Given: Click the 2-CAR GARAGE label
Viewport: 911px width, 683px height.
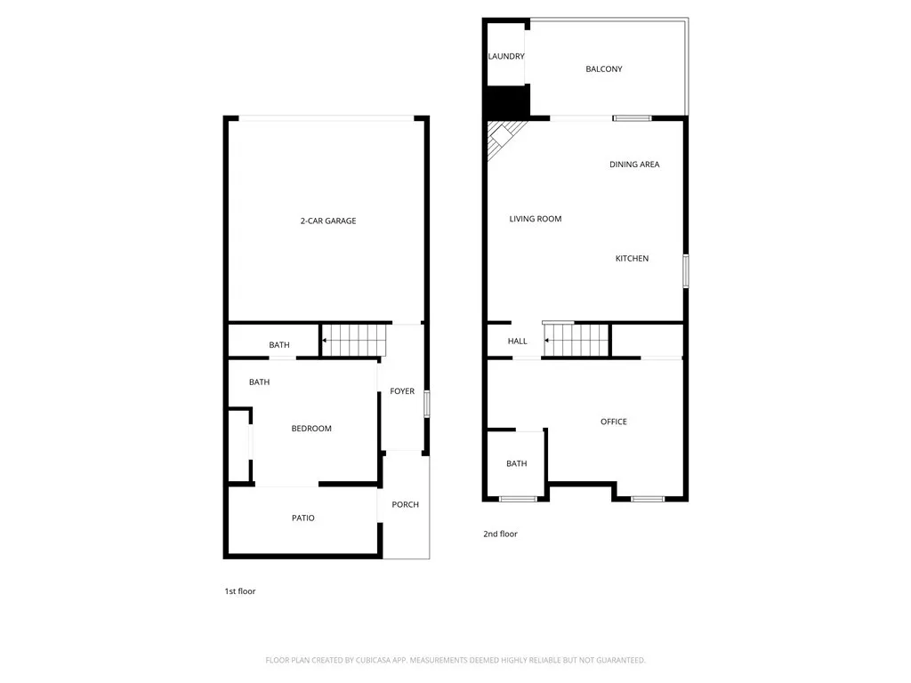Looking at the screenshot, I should [x=327, y=221].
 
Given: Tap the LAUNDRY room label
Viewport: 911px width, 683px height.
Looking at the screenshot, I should [x=506, y=57].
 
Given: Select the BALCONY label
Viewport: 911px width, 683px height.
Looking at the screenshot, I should [x=604, y=69].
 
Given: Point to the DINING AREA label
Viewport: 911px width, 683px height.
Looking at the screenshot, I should [x=634, y=165].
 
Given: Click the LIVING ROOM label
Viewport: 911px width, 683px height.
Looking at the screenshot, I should [x=536, y=219].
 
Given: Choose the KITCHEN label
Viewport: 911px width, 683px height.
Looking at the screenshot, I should [x=632, y=259].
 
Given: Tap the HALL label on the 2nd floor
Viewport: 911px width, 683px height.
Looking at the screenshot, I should [x=517, y=341].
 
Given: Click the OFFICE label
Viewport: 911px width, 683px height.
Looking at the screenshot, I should [x=614, y=422].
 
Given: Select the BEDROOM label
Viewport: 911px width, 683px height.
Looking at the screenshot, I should [x=311, y=429].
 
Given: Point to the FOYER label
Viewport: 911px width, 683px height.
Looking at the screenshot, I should [x=402, y=391].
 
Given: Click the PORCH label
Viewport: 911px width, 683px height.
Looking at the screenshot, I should [x=405, y=505].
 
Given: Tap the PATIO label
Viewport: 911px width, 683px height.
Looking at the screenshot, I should [x=302, y=518].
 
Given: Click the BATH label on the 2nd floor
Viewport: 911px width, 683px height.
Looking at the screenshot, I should [x=517, y=464].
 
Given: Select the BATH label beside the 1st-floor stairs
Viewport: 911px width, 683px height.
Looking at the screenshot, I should [x=279, y=345].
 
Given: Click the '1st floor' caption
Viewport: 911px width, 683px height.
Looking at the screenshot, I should [x=240, y=591].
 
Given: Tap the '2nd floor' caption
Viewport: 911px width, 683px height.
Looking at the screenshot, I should [x=500, y=534].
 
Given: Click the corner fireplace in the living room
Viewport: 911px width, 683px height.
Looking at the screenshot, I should [x=503, y=138].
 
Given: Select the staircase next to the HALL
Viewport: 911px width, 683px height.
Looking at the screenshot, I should [x=576, y=341].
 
